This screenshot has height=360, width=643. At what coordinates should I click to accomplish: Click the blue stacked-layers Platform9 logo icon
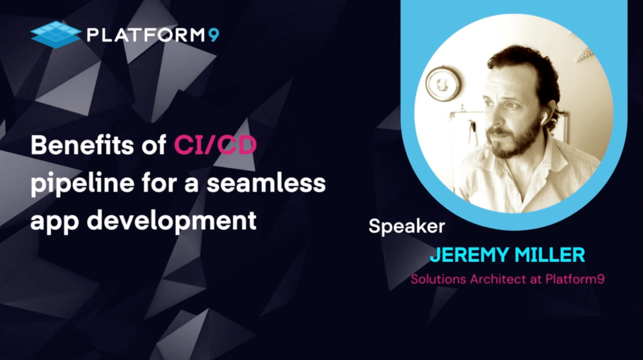coord(55,35)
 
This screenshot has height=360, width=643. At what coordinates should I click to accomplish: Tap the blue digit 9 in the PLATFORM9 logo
coord(213,35)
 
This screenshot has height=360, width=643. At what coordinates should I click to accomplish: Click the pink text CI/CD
coord(215,145)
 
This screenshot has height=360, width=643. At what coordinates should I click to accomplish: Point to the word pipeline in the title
coord(82,183)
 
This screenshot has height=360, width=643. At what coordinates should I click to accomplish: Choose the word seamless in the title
coord(266,182)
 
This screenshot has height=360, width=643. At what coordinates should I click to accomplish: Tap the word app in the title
coord(55,222)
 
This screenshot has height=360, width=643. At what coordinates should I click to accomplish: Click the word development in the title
coord(171,221)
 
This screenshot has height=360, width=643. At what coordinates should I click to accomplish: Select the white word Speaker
coord(406,226)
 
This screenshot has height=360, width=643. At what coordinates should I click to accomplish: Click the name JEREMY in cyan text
coord(469,255)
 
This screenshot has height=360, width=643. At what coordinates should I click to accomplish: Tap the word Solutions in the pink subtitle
coord(438,279)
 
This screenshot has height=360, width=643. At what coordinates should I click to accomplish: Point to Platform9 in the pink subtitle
coord(575,279)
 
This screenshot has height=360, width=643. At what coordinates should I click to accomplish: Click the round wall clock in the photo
coord(443,84)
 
